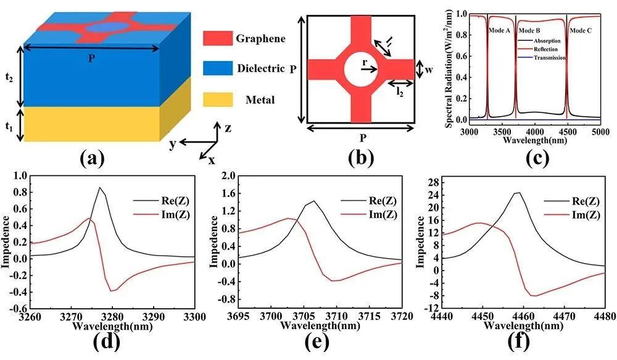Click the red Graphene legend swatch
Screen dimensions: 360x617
(217, 39)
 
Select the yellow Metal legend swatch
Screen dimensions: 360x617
(217, 99)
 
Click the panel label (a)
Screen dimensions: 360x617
(93, 158)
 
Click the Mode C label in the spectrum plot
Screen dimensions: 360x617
(581, 30)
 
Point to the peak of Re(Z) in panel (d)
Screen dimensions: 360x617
(100, 188)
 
